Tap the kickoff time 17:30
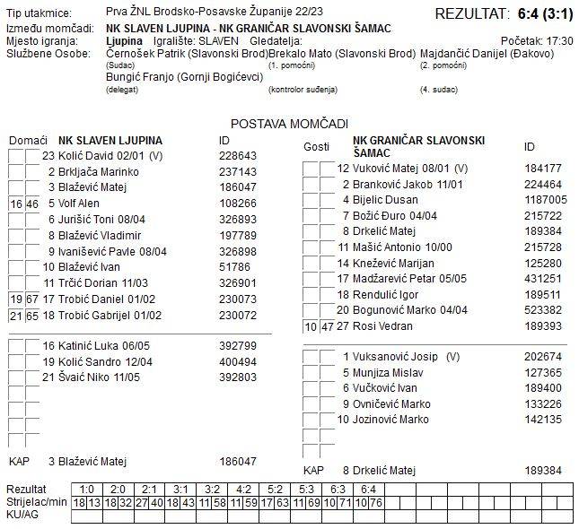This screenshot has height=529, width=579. tap(559, 41)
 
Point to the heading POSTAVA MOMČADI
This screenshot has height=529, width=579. tap(289, 124)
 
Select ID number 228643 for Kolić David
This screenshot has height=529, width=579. tap(238, 155)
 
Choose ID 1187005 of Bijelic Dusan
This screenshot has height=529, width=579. tap(546, 200)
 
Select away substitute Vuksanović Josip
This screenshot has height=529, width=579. tap(394, 356)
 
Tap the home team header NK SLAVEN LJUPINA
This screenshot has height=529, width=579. tap(110, 141)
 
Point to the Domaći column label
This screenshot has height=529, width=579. tap(28, 141)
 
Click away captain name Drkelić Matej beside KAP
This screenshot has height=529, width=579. tap(384, 470)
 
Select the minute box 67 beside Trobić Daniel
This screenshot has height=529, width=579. tap(31, 299)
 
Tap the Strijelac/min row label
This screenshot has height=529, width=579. tap(37, 502)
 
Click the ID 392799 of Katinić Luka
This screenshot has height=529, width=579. tap(238, 345)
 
